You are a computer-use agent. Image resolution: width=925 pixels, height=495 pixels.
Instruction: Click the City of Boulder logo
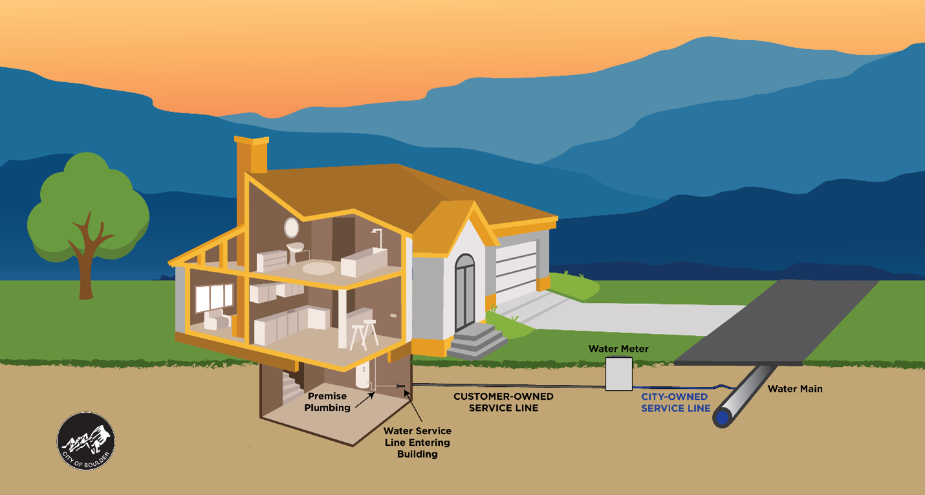coord(86,441)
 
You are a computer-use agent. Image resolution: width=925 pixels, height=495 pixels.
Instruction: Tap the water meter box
coord(619,373)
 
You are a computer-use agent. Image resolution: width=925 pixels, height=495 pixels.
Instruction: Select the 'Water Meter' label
coord(618,349)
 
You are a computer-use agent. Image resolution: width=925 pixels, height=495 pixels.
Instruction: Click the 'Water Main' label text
coord(795,389)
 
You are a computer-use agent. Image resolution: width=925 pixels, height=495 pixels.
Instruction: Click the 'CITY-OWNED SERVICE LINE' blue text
coord(675,402)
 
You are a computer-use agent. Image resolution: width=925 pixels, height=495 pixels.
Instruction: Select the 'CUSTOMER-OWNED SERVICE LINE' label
coord(503,402)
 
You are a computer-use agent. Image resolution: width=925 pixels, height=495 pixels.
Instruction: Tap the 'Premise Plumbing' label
coord(327,401)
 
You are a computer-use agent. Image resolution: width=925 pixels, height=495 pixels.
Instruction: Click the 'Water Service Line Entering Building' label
coord(417,442)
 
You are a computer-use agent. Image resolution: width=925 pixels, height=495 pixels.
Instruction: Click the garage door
coord(516,272)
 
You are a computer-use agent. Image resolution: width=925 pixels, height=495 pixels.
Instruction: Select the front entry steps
coord(477,341)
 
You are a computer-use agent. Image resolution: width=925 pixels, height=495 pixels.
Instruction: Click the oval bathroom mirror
coord(292,227)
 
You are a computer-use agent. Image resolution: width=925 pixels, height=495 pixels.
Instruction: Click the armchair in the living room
coord(217,319)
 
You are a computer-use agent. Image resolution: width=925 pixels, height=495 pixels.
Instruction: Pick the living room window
coord(213,297)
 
